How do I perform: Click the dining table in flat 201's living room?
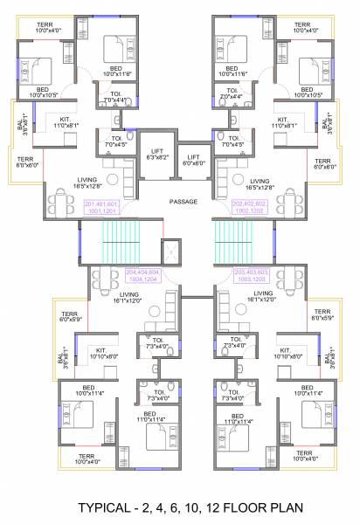click(63, 203)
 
